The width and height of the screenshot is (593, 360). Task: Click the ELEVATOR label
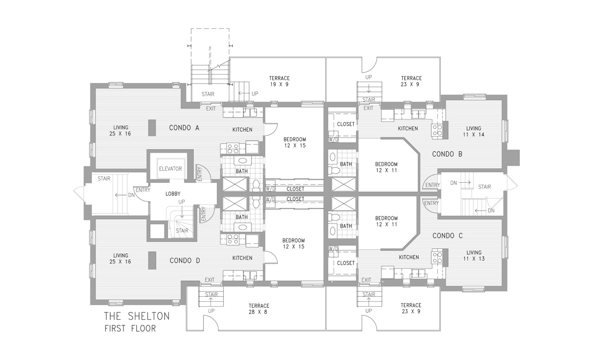pos(170,169)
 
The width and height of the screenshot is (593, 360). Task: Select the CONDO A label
pos(184,128)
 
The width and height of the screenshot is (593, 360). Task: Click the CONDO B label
pos(447,154)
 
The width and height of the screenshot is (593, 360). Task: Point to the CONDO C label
pos(447,236)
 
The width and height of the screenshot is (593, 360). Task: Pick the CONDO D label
pos(184,260)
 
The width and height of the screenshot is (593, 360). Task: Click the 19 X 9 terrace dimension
pos(279,84)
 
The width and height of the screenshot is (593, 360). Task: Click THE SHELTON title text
pos(136,316)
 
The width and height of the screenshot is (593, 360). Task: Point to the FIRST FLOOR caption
pos(129,328)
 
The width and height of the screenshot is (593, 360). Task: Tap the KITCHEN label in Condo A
pos(242,130)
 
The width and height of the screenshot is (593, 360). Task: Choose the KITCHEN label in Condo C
pos(409,257)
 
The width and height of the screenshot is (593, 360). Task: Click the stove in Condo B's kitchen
pos(437,129)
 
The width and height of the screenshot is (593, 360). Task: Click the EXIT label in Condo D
pos(210,280)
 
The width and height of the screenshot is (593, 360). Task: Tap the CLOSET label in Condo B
pos(345,124)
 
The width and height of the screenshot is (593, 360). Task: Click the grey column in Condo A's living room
pos(152,128)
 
